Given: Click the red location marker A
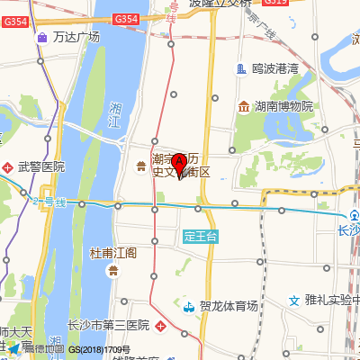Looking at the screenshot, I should [x=179, y=164].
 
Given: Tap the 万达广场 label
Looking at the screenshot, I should [x=76, y=37].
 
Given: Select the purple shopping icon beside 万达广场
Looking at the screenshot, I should [x=43, y=37].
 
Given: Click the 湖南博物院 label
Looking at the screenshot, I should [x=283, y=107].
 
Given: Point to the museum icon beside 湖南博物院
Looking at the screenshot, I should [x=243, y=107].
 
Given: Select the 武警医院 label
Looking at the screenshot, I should [x=41, y=166].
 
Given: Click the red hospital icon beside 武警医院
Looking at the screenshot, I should [x=10, y=166].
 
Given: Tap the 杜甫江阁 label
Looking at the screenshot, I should [x=113, y=253].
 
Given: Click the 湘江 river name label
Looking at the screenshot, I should [x=114, y=115].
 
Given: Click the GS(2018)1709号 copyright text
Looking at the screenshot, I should [x=100, y=349].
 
